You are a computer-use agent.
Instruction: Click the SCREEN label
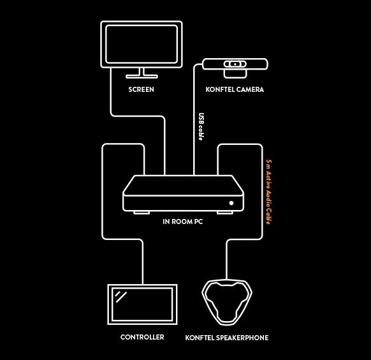[x=142, y=89]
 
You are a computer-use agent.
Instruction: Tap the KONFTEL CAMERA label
[x=235, y=89]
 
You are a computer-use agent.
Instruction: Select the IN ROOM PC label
[x=183, y=221]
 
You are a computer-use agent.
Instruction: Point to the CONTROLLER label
[x=142, y=337]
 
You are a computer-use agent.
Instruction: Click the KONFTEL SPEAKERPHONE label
[x=227, y=338]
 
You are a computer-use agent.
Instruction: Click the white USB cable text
[x=201, y=127]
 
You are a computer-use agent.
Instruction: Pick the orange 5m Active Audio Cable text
[x=269, y=192]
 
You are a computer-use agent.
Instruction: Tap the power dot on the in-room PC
[x=231, y=203]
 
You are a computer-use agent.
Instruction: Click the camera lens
[x=235, y=64]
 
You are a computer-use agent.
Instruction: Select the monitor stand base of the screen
[x=142, y=77]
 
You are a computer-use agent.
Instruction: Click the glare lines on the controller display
[x=120, y=297]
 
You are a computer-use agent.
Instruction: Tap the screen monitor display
[x=142, y=44]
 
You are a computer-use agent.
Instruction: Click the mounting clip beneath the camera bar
[x=235, y=74]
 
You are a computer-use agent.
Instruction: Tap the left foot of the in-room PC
[x=142, y=213]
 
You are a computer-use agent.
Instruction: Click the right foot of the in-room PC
[x=225, y=213]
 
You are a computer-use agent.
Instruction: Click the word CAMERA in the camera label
[x=250, y=89]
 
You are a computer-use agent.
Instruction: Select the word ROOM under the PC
[x=182, y=221]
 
